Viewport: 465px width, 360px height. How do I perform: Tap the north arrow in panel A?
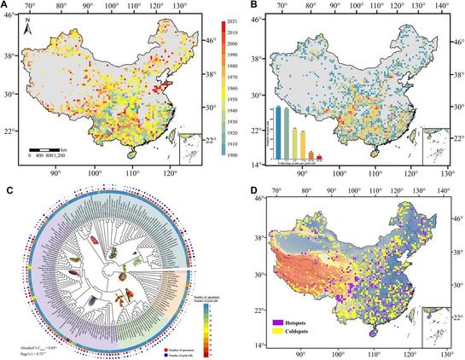coord(28,32)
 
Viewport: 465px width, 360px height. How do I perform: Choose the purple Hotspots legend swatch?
coord(279,322)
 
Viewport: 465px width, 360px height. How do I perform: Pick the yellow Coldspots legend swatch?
coord(279,332)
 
